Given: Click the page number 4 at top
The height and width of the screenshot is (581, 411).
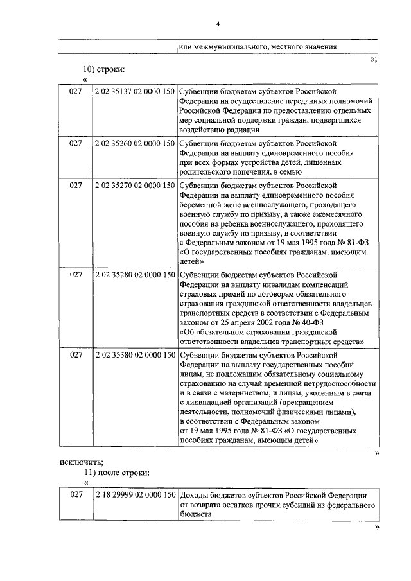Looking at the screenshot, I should (218, 24).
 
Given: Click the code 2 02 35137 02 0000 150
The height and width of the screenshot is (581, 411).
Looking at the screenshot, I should (135, 92).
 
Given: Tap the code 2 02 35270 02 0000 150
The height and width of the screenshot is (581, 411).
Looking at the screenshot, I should (135, 185).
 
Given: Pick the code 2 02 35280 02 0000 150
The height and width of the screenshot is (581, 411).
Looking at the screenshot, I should (135, 274).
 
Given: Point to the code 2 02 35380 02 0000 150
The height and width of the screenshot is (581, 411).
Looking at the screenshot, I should (135, 354).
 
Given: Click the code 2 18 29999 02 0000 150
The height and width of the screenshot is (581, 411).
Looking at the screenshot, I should (135, 495).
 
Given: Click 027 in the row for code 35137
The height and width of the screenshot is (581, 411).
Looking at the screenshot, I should (76, 92).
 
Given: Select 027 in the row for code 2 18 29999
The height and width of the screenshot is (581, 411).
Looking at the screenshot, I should (76, 495).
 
